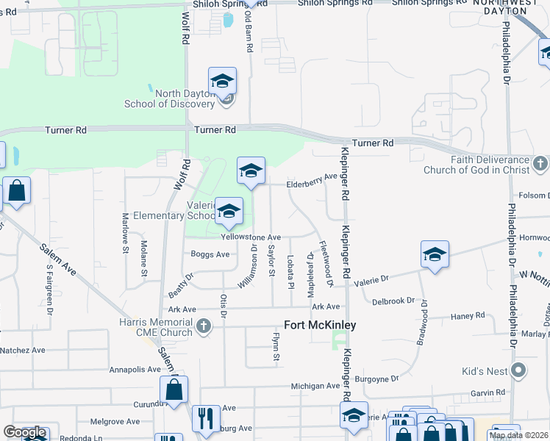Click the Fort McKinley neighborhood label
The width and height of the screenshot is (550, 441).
320,325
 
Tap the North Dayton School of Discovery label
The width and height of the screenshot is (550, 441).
185,98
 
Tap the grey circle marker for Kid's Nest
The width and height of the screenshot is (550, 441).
519,370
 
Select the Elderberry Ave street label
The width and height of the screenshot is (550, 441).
311,176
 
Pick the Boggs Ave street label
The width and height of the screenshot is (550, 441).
210,254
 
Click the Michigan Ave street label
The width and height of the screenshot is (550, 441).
316,386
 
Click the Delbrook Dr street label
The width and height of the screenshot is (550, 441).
393,301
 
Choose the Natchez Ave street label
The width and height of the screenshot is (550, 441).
23,351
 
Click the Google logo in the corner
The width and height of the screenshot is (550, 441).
25,432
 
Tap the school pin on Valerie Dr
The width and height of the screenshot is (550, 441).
435,254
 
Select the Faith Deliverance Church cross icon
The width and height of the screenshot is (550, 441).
540,162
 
